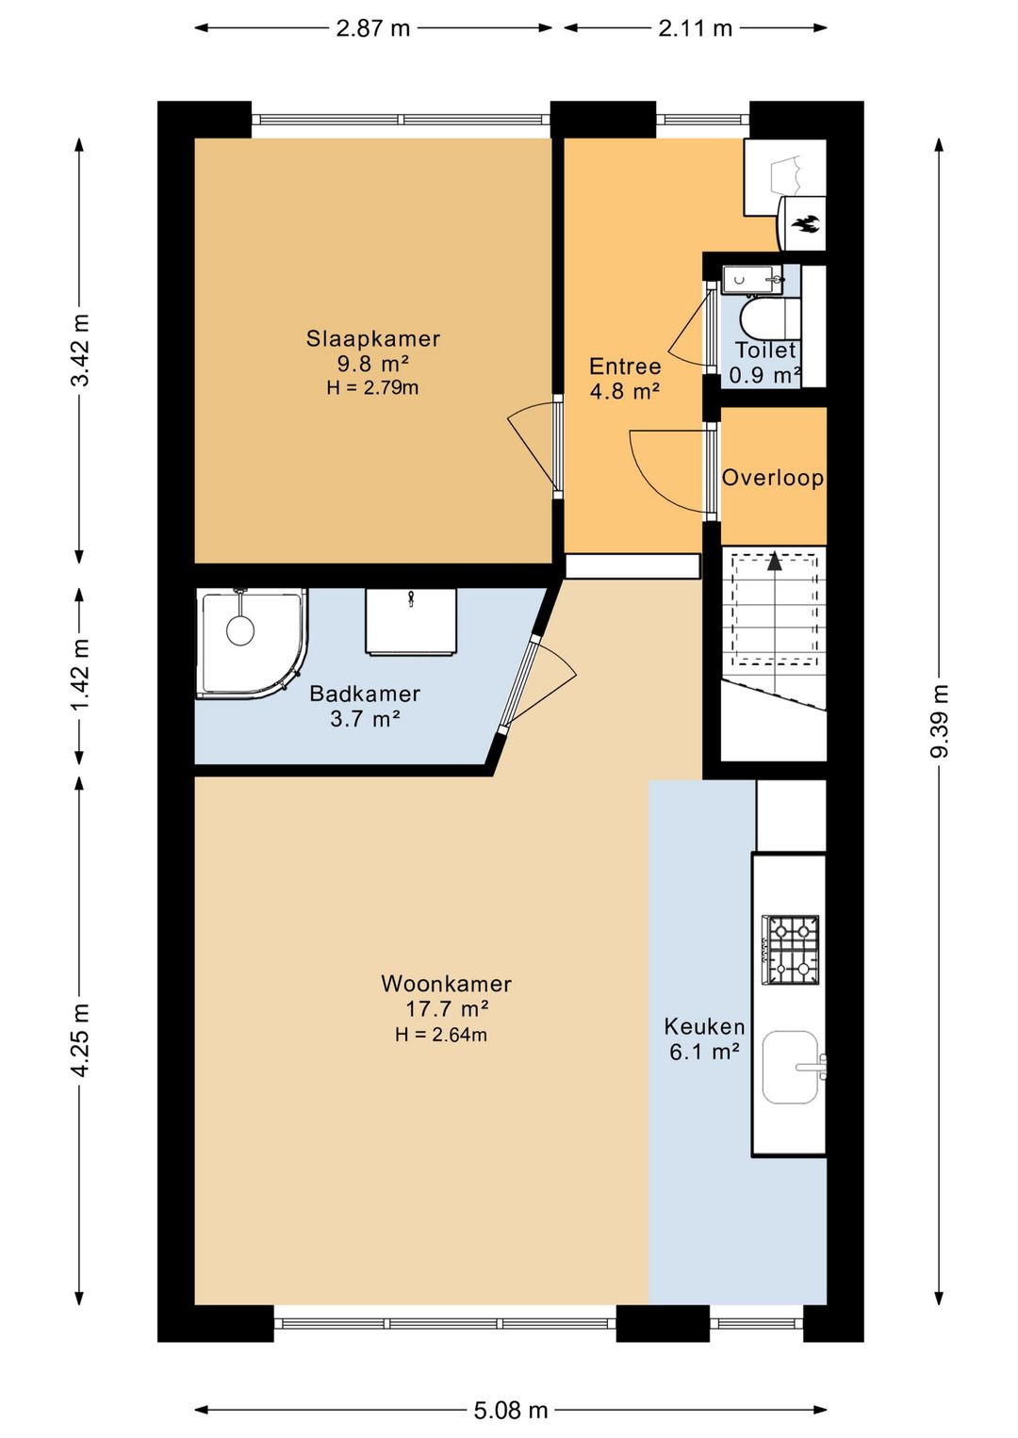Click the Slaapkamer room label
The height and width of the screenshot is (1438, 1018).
372,338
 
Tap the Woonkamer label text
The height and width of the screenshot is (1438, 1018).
447,984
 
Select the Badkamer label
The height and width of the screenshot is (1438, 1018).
365,694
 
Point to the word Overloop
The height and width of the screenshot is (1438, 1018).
773,479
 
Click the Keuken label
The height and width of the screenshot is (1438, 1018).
704,1026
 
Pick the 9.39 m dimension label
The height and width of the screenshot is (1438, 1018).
940,721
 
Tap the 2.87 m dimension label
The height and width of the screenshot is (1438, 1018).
373,29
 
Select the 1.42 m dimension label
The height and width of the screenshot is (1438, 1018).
81,675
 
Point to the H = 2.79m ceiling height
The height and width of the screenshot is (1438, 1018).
372,387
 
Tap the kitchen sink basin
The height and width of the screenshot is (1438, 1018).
791,1068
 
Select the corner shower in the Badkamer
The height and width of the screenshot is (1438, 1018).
253,642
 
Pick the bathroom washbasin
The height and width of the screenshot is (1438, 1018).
411,621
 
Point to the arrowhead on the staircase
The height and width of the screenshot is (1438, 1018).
775,561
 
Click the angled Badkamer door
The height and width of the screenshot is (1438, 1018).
520,684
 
